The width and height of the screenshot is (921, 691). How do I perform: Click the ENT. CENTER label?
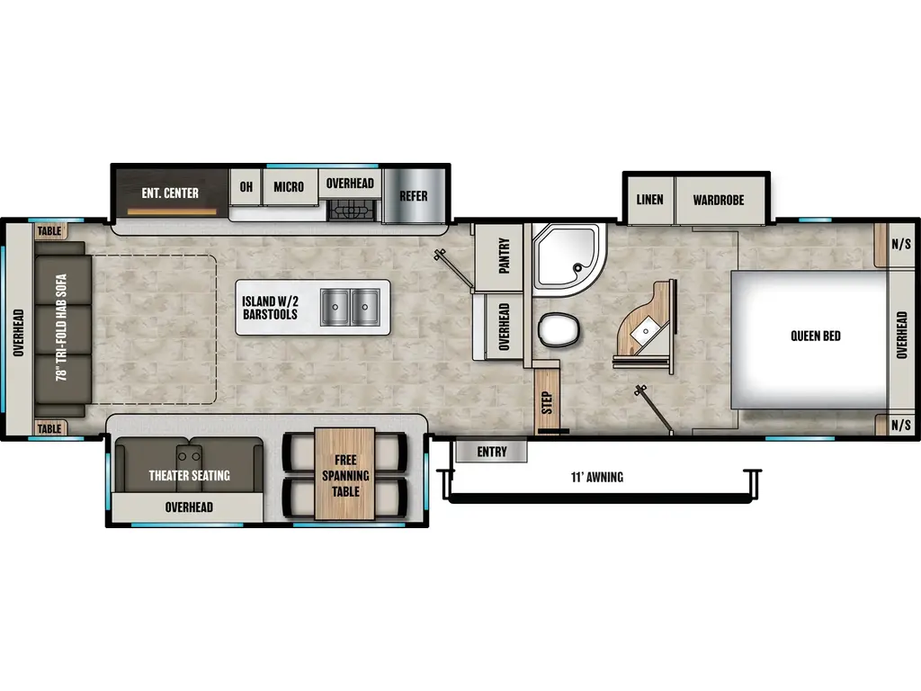tap(170, 193)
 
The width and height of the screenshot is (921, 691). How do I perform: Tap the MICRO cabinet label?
tap(289, 187)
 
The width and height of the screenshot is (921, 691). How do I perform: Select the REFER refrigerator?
tap(414, 196)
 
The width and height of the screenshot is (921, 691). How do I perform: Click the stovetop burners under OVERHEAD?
tap(352, 210)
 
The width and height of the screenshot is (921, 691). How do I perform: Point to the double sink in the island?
tap(350, 307)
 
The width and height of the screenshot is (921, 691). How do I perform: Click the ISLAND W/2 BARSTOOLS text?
tap(270, 308)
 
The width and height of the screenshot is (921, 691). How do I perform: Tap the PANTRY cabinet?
tap(498, 256)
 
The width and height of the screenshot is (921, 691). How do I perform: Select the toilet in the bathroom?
tap(558, 329)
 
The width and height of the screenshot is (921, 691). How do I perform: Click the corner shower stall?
tap(568, 259)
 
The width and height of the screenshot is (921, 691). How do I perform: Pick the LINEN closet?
tap(650, 200)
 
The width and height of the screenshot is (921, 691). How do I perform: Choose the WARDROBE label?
tap(719, 201)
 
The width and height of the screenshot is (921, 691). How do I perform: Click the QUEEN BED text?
tap(815, 337)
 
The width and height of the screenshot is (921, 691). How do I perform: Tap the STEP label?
tap(547, 402)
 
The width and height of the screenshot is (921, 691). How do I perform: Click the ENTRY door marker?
tap(492, 452)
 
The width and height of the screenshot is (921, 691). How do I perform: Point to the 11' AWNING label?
tap(597, 477)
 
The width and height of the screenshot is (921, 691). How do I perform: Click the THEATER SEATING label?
tap(189, 475)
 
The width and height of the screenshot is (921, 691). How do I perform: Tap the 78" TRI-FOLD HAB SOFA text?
tap(62, 328)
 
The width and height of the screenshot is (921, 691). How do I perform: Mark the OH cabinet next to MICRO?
tap(246, 187)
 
